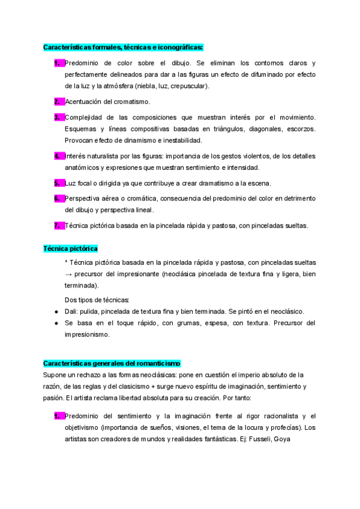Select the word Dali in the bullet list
tap(71, 311)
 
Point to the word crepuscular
tap(190, 86)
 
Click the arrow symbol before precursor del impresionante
tap(68, 274)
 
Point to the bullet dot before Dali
tap(56, 311)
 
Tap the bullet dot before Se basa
tap(56, 323)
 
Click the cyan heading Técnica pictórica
tap(70, 248)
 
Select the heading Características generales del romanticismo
tap(112, 363)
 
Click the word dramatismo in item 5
tap(209, 183)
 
